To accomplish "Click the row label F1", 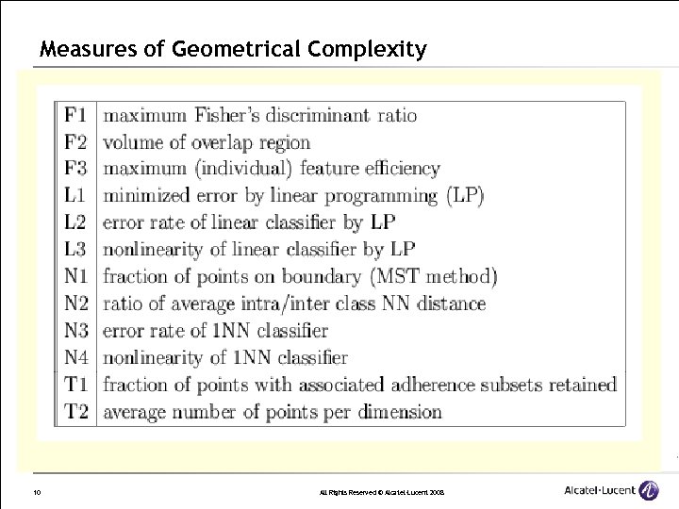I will pos(75,116).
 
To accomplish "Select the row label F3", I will pos(75,170).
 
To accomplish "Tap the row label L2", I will pos(75,223).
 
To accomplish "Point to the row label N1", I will pos(75,277).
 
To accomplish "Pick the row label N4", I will pos(75,358).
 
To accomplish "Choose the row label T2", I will pos(75,412).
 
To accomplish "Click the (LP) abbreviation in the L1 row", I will pos(465,196).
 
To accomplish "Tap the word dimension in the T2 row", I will pos(393,412).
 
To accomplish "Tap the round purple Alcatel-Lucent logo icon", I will pos(649,490).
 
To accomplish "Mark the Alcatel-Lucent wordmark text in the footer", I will pos(598,490).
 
